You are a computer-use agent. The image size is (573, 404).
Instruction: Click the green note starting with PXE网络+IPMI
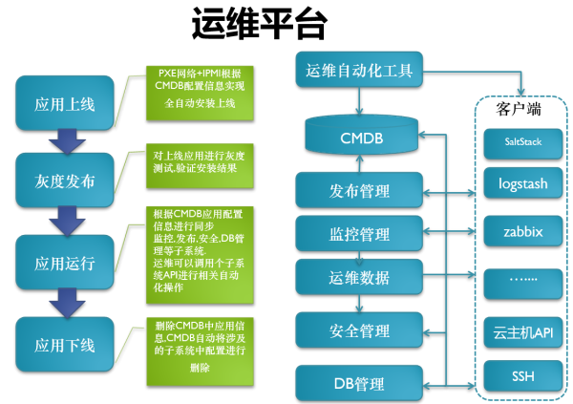coord(201,89)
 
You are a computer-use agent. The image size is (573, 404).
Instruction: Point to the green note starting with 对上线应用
coord(201,162)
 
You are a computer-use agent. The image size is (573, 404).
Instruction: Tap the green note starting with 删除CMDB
coord(201,346)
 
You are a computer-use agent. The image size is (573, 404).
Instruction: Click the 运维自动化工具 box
coord(359,71)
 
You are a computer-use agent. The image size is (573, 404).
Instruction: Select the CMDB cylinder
coord(360,138)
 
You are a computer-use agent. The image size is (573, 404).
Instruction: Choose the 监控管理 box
coord(360,234)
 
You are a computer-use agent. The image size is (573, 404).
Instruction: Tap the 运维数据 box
coord(360,278)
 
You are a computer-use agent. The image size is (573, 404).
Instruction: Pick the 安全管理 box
coord(360,330)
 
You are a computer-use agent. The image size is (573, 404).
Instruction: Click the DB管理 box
coord(360,384)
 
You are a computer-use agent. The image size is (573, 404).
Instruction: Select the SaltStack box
coord(521,141)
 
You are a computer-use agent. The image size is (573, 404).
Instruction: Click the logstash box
coord(521,183)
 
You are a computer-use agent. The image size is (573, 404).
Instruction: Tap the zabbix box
coord(521,231)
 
